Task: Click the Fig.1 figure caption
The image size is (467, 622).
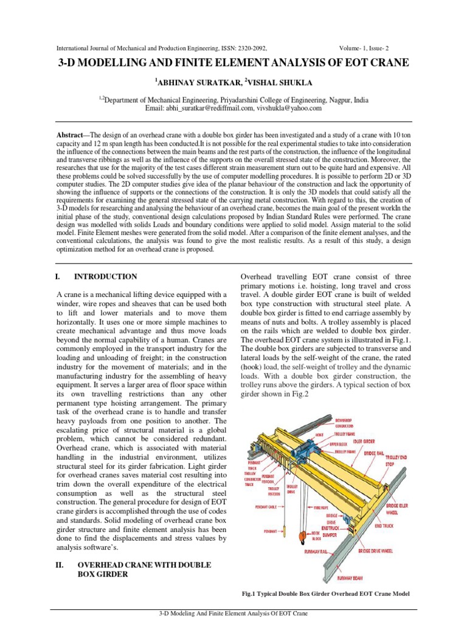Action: pos(325,593)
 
